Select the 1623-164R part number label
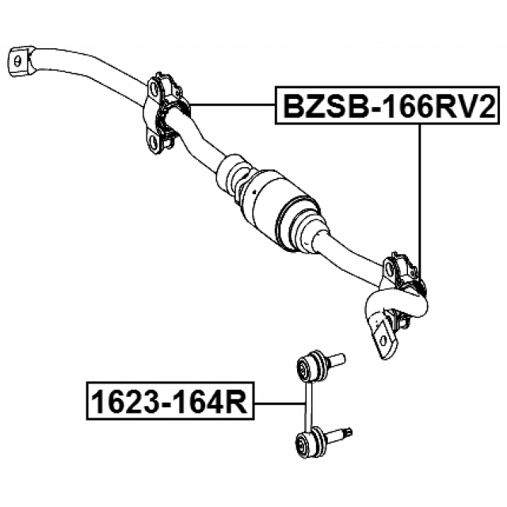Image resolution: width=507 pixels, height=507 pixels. click(168, 402)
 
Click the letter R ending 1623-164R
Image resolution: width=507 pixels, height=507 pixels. click(236, 402)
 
